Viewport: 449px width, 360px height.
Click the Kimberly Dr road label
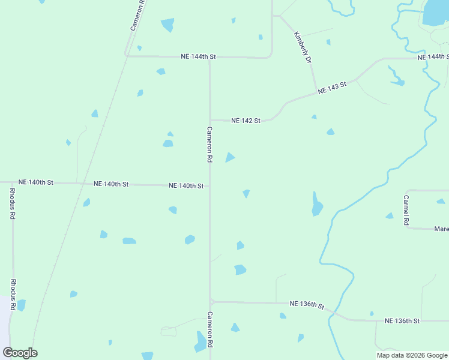click(303, 47)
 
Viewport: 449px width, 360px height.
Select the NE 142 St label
click(246, 121)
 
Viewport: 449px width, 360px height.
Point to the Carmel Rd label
click(406, 210)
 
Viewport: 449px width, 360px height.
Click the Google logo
click(20, 353)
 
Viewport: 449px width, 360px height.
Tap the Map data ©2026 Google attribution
click(412, 355)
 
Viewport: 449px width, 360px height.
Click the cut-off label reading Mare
click(441, 229)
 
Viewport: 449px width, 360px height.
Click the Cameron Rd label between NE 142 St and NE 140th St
click(209, 145)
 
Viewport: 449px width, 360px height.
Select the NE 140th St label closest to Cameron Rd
click(186, 186)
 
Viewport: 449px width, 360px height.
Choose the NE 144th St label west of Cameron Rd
click(198, 56)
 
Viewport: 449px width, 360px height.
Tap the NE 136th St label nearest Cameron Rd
click(307, 305)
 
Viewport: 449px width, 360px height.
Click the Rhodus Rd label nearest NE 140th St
click(13, 204)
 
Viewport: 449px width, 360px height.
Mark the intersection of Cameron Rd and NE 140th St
click(209, 186)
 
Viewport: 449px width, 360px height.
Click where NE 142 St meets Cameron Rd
click(209, 120)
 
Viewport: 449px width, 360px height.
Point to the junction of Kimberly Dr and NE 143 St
click(316, 93)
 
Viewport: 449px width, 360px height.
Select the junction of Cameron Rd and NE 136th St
click(210, 302)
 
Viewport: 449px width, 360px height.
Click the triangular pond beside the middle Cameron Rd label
click(229, 158)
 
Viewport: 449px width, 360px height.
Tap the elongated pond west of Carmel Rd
click(316, 205)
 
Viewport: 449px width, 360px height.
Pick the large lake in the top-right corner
click(436, 12)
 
